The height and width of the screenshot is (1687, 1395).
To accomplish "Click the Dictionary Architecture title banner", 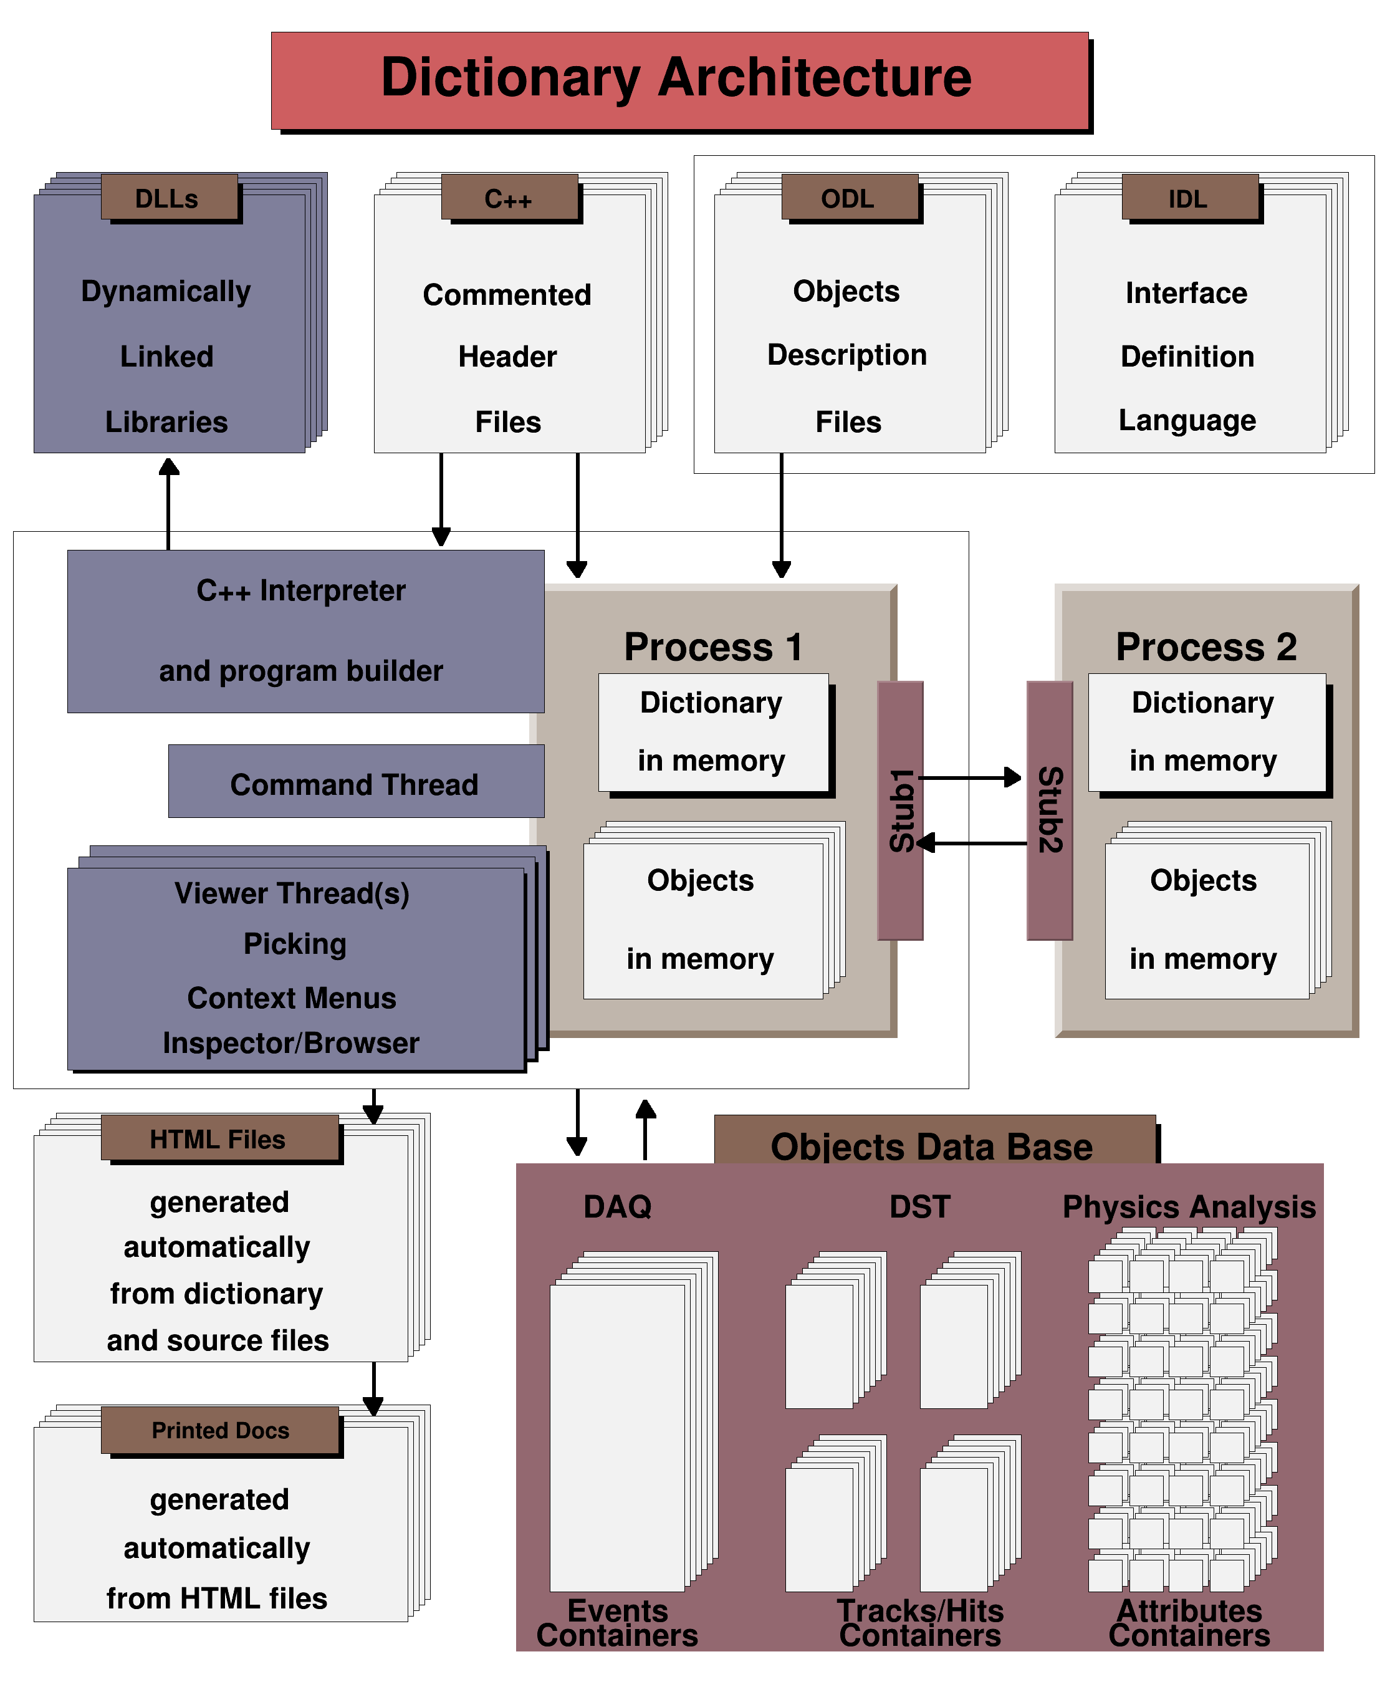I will coord(679,80).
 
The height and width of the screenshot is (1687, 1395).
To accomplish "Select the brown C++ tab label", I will coord(509,198).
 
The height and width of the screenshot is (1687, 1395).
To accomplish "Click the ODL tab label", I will coord(849,198).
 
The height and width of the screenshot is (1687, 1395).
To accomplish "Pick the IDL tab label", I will coord(1189,198).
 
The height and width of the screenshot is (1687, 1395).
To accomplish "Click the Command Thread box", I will coord(355,782).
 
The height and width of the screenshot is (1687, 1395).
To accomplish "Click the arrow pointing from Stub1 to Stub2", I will coord(972,777).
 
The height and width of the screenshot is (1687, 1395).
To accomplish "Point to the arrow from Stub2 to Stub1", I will coord(972,843).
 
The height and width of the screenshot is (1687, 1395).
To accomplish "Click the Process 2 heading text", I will coord(1206,646).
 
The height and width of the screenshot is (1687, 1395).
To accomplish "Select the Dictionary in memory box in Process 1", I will coord(712,732).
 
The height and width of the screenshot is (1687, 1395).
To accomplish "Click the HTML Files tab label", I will coord(218,1138).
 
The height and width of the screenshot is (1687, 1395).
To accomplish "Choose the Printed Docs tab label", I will coord(220,1431).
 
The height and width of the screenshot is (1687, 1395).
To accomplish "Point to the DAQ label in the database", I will coord(617,1206).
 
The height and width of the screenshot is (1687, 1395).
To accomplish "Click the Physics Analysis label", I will coord(1189,1206).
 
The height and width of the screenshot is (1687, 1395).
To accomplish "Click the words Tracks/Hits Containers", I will coord(921,1623).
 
